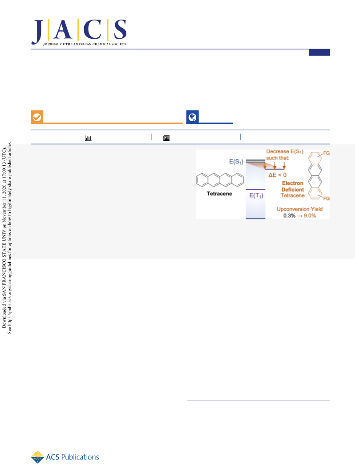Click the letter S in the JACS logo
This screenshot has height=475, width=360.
click(x=120, y=29)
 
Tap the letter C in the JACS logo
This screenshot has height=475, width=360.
click(x=93, y=29)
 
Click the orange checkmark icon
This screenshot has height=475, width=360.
click(x=37, y=117)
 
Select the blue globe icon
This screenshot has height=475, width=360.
click(x=192, y=117)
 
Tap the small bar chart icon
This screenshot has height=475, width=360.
click(x=88, y=138)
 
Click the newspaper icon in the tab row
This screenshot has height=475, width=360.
click(x=166, y=138)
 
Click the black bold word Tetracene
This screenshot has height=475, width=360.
click(x=219, y=194)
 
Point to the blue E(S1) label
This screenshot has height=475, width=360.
click(x=236, y=162)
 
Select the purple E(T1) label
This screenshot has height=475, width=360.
click(x=256, y=196)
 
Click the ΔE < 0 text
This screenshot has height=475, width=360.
click(x=277, y=175)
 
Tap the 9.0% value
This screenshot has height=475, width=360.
click(x=310, y=216)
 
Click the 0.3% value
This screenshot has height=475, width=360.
click(x=289, y=216)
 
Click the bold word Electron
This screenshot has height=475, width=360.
click(x=292, y=183)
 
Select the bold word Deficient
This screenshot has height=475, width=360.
click(x=292, y=190)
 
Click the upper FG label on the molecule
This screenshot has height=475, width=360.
click(x=326, y=153)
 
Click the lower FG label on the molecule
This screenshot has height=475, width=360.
click(x=326, y=199)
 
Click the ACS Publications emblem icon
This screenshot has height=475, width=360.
click(x=37, y=457)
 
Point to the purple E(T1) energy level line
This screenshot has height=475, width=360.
click(x=255, y=190)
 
